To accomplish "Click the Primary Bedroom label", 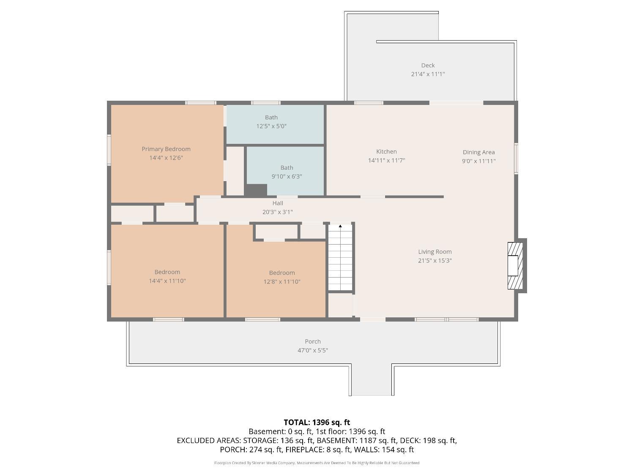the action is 166,149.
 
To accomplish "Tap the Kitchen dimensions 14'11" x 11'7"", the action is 386,160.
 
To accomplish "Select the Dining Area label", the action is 478,152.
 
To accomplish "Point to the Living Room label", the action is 435,252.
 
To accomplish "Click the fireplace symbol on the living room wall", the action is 515,266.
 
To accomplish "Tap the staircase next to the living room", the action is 340,257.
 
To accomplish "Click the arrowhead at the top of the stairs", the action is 340,226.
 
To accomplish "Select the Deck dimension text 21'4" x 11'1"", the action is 428,74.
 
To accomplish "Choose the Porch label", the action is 313,341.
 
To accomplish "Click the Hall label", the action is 278,203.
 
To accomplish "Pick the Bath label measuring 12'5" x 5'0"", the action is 271,117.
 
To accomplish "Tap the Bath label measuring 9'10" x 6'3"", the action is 287,168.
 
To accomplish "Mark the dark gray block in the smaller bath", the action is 256,190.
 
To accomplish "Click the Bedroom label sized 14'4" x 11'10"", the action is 167,272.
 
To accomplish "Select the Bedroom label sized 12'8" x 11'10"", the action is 282,273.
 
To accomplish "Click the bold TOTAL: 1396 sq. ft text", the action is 317,423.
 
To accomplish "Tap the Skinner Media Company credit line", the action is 317,463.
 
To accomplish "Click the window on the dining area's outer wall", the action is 516,158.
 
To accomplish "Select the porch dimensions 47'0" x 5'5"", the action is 313,350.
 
